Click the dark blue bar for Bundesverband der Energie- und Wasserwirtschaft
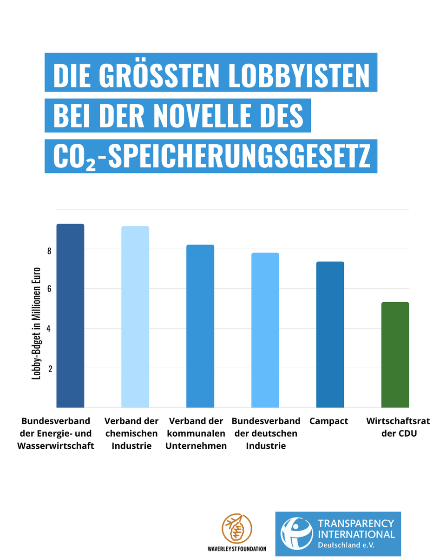coord(70,316)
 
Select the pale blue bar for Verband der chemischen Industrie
coord(135,317)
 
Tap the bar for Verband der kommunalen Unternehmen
coord(200,326)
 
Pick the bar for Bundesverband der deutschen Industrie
coord(265,330)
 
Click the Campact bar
coord(330,334)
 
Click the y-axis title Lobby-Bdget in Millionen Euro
coord(36,323)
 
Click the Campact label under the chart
coord(328,421)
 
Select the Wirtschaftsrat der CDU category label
coord(398,427)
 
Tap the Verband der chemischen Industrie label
coord(131,433)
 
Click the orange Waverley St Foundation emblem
coord(237,529)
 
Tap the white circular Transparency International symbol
coord(296,533)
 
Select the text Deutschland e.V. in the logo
coord(346,544)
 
